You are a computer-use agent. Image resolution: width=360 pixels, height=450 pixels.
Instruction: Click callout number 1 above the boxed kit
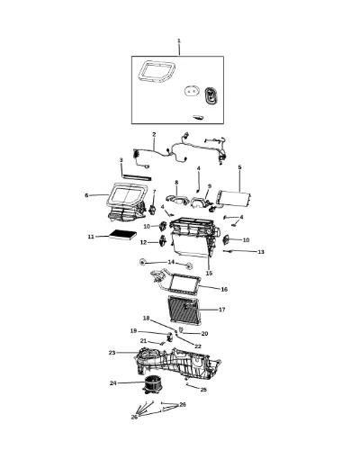pyautogui.click(x=179, y=40)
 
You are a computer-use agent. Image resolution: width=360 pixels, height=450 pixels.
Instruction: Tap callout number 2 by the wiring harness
pyautogui.click(x=154, y=134)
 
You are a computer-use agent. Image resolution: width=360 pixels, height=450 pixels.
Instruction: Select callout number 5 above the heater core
pyautogui.click(x=239, y=167)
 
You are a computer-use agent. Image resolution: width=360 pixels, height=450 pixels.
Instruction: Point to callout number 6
pyautogui.click(x=86, y=195)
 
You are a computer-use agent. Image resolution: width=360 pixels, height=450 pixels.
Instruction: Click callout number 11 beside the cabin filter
pyautogui.click(x=91, y=237)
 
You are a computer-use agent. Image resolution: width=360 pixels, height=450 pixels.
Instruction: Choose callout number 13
pyautogui.click(x=261, y=252)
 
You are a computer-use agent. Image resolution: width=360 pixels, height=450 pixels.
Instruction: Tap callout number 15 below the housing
pyautogui.click(x=209, y=274)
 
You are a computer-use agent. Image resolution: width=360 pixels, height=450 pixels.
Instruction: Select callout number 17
pyautogui.click(x=221, y=310)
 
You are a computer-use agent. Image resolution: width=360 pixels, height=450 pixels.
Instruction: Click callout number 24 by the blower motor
pyautogui.click(x=112, y=383)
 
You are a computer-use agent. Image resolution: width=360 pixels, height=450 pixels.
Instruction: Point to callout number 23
pyautogui.click(x=112, y=353)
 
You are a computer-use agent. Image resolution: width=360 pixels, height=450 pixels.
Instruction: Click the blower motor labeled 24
pyautogui.click(x=153, y=385)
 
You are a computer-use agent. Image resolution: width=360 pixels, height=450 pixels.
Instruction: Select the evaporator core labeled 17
pyautogui.click(x=183, y=309)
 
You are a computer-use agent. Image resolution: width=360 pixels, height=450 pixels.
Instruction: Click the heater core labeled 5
pyautogui.click(x=233, y=198)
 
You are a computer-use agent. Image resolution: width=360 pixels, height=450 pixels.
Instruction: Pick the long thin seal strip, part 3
pyautogui.click(x=137, y=176)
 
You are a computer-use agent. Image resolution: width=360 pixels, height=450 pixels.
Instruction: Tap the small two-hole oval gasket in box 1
pyautogui.click(x=191, y=91)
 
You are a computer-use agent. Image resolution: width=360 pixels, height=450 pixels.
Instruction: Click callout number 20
pyautogui.click(x=204, y=334)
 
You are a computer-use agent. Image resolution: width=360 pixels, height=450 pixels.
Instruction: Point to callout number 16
pyautogui.click(x=224, y=289)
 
